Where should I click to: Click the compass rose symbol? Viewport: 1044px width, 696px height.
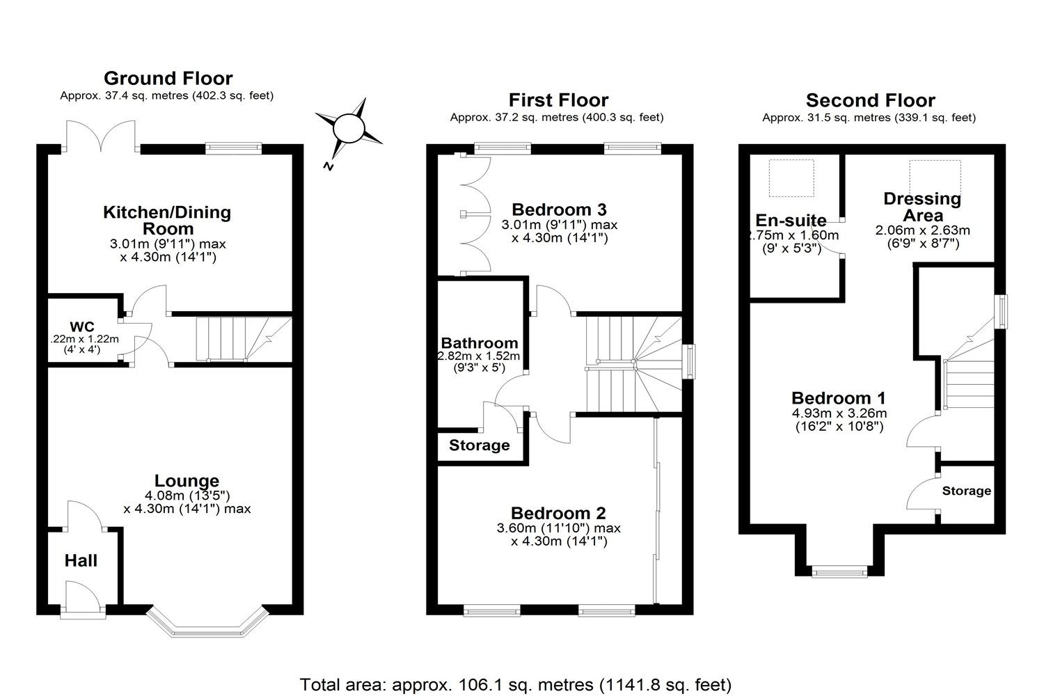coord(349,130)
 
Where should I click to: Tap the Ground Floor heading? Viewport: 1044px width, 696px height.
coord(168,78)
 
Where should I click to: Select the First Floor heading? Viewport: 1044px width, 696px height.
coord(558,100)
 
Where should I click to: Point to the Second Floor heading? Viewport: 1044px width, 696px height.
coord(870,100)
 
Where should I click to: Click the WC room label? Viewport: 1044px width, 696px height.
coord(81,326)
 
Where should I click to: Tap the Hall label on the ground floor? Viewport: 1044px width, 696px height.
coord(81,560)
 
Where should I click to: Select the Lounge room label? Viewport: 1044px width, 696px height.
coord(187,480)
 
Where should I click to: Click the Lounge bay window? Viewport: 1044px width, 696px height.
coord(207,624)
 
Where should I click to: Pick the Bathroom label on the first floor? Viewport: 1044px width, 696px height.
coord(480,342)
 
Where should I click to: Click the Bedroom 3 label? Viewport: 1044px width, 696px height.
coord(559,209)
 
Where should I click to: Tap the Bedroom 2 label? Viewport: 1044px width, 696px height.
coord(558,513)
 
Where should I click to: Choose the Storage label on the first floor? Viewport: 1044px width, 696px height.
coord(479,445)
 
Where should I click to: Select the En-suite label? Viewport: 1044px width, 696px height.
coord(791,221)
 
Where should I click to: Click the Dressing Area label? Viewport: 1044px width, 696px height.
coord(922,207)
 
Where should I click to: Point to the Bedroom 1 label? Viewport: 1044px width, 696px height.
coord(838,398)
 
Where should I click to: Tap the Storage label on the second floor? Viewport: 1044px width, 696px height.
coord(966,491)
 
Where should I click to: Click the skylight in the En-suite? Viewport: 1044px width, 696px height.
coord(791,177)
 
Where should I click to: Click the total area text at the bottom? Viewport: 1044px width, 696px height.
coord(516,684)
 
